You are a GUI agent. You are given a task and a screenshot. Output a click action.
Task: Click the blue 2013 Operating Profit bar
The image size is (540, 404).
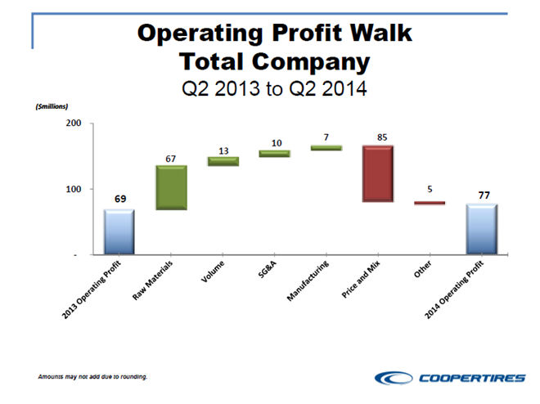119,232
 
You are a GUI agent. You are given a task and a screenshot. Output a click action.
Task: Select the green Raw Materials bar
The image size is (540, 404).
171,188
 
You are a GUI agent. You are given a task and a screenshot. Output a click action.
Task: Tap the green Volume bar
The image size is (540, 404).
223,161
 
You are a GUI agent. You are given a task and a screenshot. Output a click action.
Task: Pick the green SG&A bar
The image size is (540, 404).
274,153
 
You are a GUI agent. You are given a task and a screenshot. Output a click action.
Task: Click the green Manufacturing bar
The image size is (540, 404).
326,148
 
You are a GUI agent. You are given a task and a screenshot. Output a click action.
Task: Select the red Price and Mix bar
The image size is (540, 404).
378,173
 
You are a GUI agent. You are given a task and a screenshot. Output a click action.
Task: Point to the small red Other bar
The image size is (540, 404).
429,203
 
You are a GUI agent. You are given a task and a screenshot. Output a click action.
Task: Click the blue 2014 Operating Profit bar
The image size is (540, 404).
481,229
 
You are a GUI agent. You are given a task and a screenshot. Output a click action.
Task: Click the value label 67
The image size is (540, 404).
171,156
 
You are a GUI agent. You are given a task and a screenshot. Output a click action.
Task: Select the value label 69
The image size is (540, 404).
119,199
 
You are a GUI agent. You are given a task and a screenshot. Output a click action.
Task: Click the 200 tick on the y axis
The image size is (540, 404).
73,123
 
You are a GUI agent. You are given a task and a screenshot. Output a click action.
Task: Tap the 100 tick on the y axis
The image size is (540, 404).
73,189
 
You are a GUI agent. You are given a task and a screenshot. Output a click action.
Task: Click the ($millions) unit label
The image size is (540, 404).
50,106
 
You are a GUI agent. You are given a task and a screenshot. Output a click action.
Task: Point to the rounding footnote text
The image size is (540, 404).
92,377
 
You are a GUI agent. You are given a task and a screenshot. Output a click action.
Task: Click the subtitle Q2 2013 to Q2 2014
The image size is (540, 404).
273,88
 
